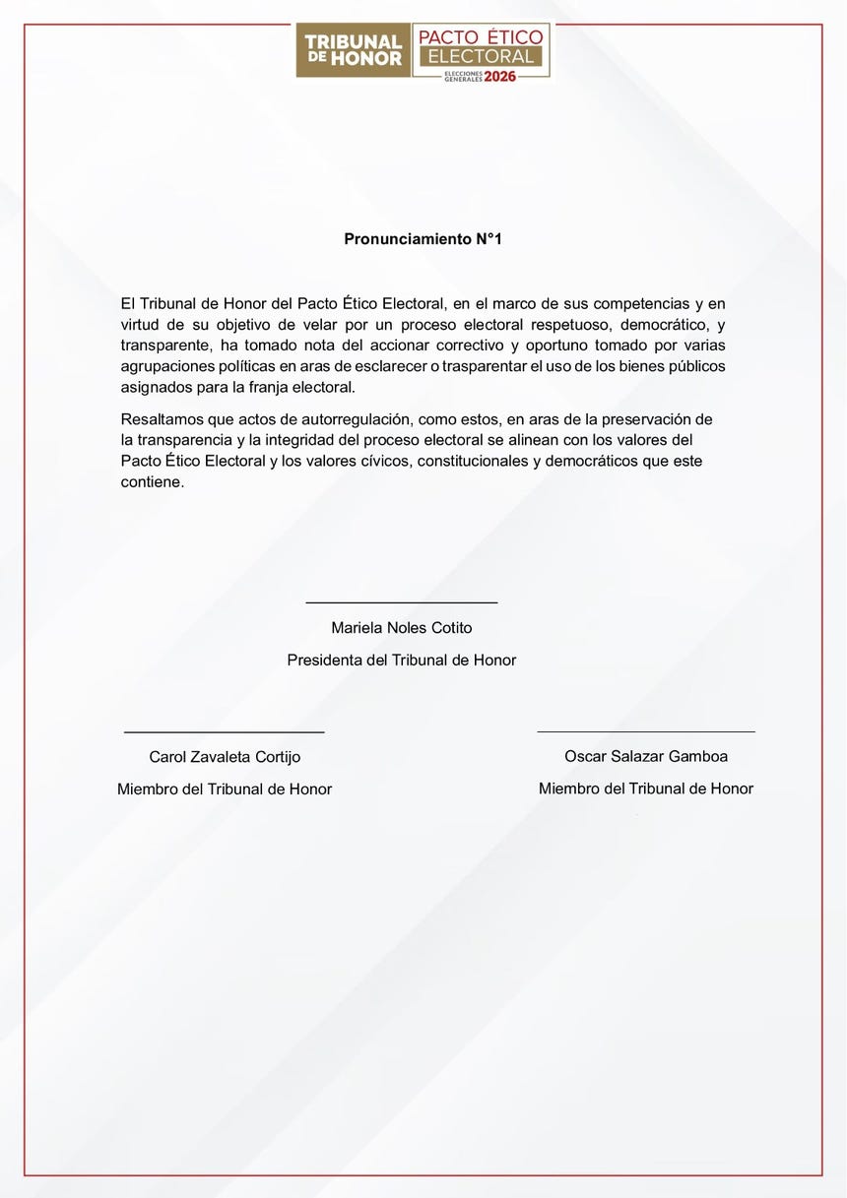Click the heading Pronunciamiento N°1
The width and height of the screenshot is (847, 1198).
pyautogui.click(x=423, y=239)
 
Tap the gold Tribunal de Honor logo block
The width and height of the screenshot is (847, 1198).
pyautogui.click(x=353, y=50)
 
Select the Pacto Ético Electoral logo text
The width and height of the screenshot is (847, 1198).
pyautogui.click(x=481, y=46)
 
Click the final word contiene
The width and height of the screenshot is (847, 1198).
pyautogui.click(x=153, y=482)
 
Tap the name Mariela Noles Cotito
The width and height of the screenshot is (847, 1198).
pyautogui.click(x=402, y=628)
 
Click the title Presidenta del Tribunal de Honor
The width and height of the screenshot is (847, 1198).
pyautogui.click(x=402, y=661)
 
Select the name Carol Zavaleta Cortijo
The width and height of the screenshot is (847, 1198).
pyautogui.click(x=225, y=757)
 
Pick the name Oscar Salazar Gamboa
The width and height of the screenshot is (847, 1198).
pyautogui.click(x=646, y=757)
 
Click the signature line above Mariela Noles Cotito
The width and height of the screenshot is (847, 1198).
pyautogui.click(x=402, y=601)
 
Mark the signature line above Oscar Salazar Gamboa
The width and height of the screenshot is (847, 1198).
pyautogui.click(x=646, y=731)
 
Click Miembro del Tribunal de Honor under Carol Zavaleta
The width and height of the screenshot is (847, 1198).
pyautogui.click(x=225, y=789)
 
